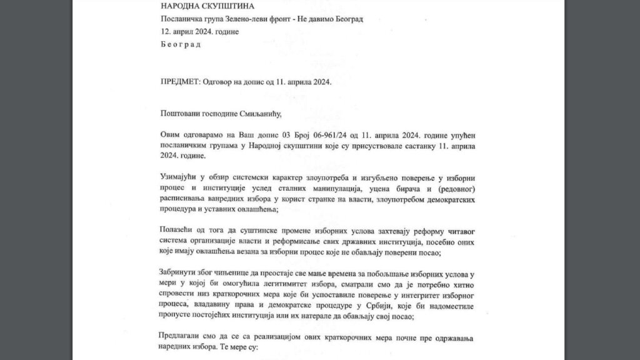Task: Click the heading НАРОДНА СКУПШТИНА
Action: point(201,6)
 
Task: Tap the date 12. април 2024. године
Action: point(199,31)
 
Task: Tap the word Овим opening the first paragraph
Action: point(171,136)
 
